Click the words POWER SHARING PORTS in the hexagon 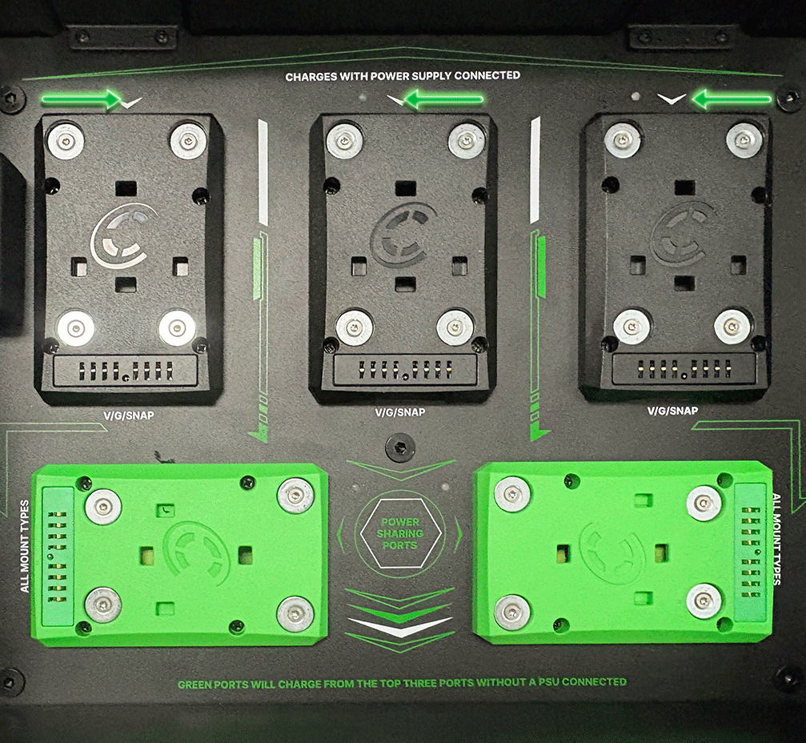click(x=400, y=533)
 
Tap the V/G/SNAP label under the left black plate click(x=129, y=416)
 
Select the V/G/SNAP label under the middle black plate click(x=400, y=412)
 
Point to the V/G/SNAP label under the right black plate click(x=672, y=411)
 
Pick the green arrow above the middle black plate click(x=443, y=98)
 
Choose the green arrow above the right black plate click(x=732, y=98)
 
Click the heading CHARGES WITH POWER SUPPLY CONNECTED click(x=403, y=76)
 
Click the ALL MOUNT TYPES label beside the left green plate click(x=25, y=546)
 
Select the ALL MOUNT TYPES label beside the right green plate click(x=776, y=539)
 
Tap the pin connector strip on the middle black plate click(x=405, y=368)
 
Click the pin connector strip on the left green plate click(x=58, y=556)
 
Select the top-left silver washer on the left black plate click(x=66, y=140)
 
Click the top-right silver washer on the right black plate click(x=744, y=140)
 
